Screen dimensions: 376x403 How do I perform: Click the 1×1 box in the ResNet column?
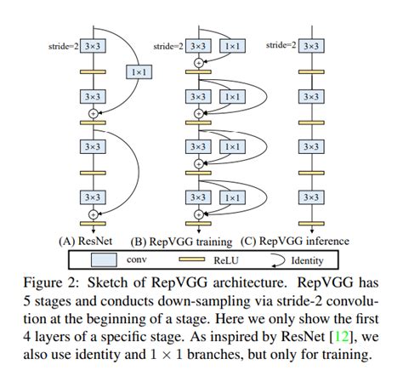138,73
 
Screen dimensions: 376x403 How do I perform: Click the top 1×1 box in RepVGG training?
230,45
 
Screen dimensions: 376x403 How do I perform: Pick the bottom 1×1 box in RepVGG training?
230,197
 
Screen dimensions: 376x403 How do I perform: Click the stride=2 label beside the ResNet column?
64,45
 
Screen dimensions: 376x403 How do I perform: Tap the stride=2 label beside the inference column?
281,45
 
